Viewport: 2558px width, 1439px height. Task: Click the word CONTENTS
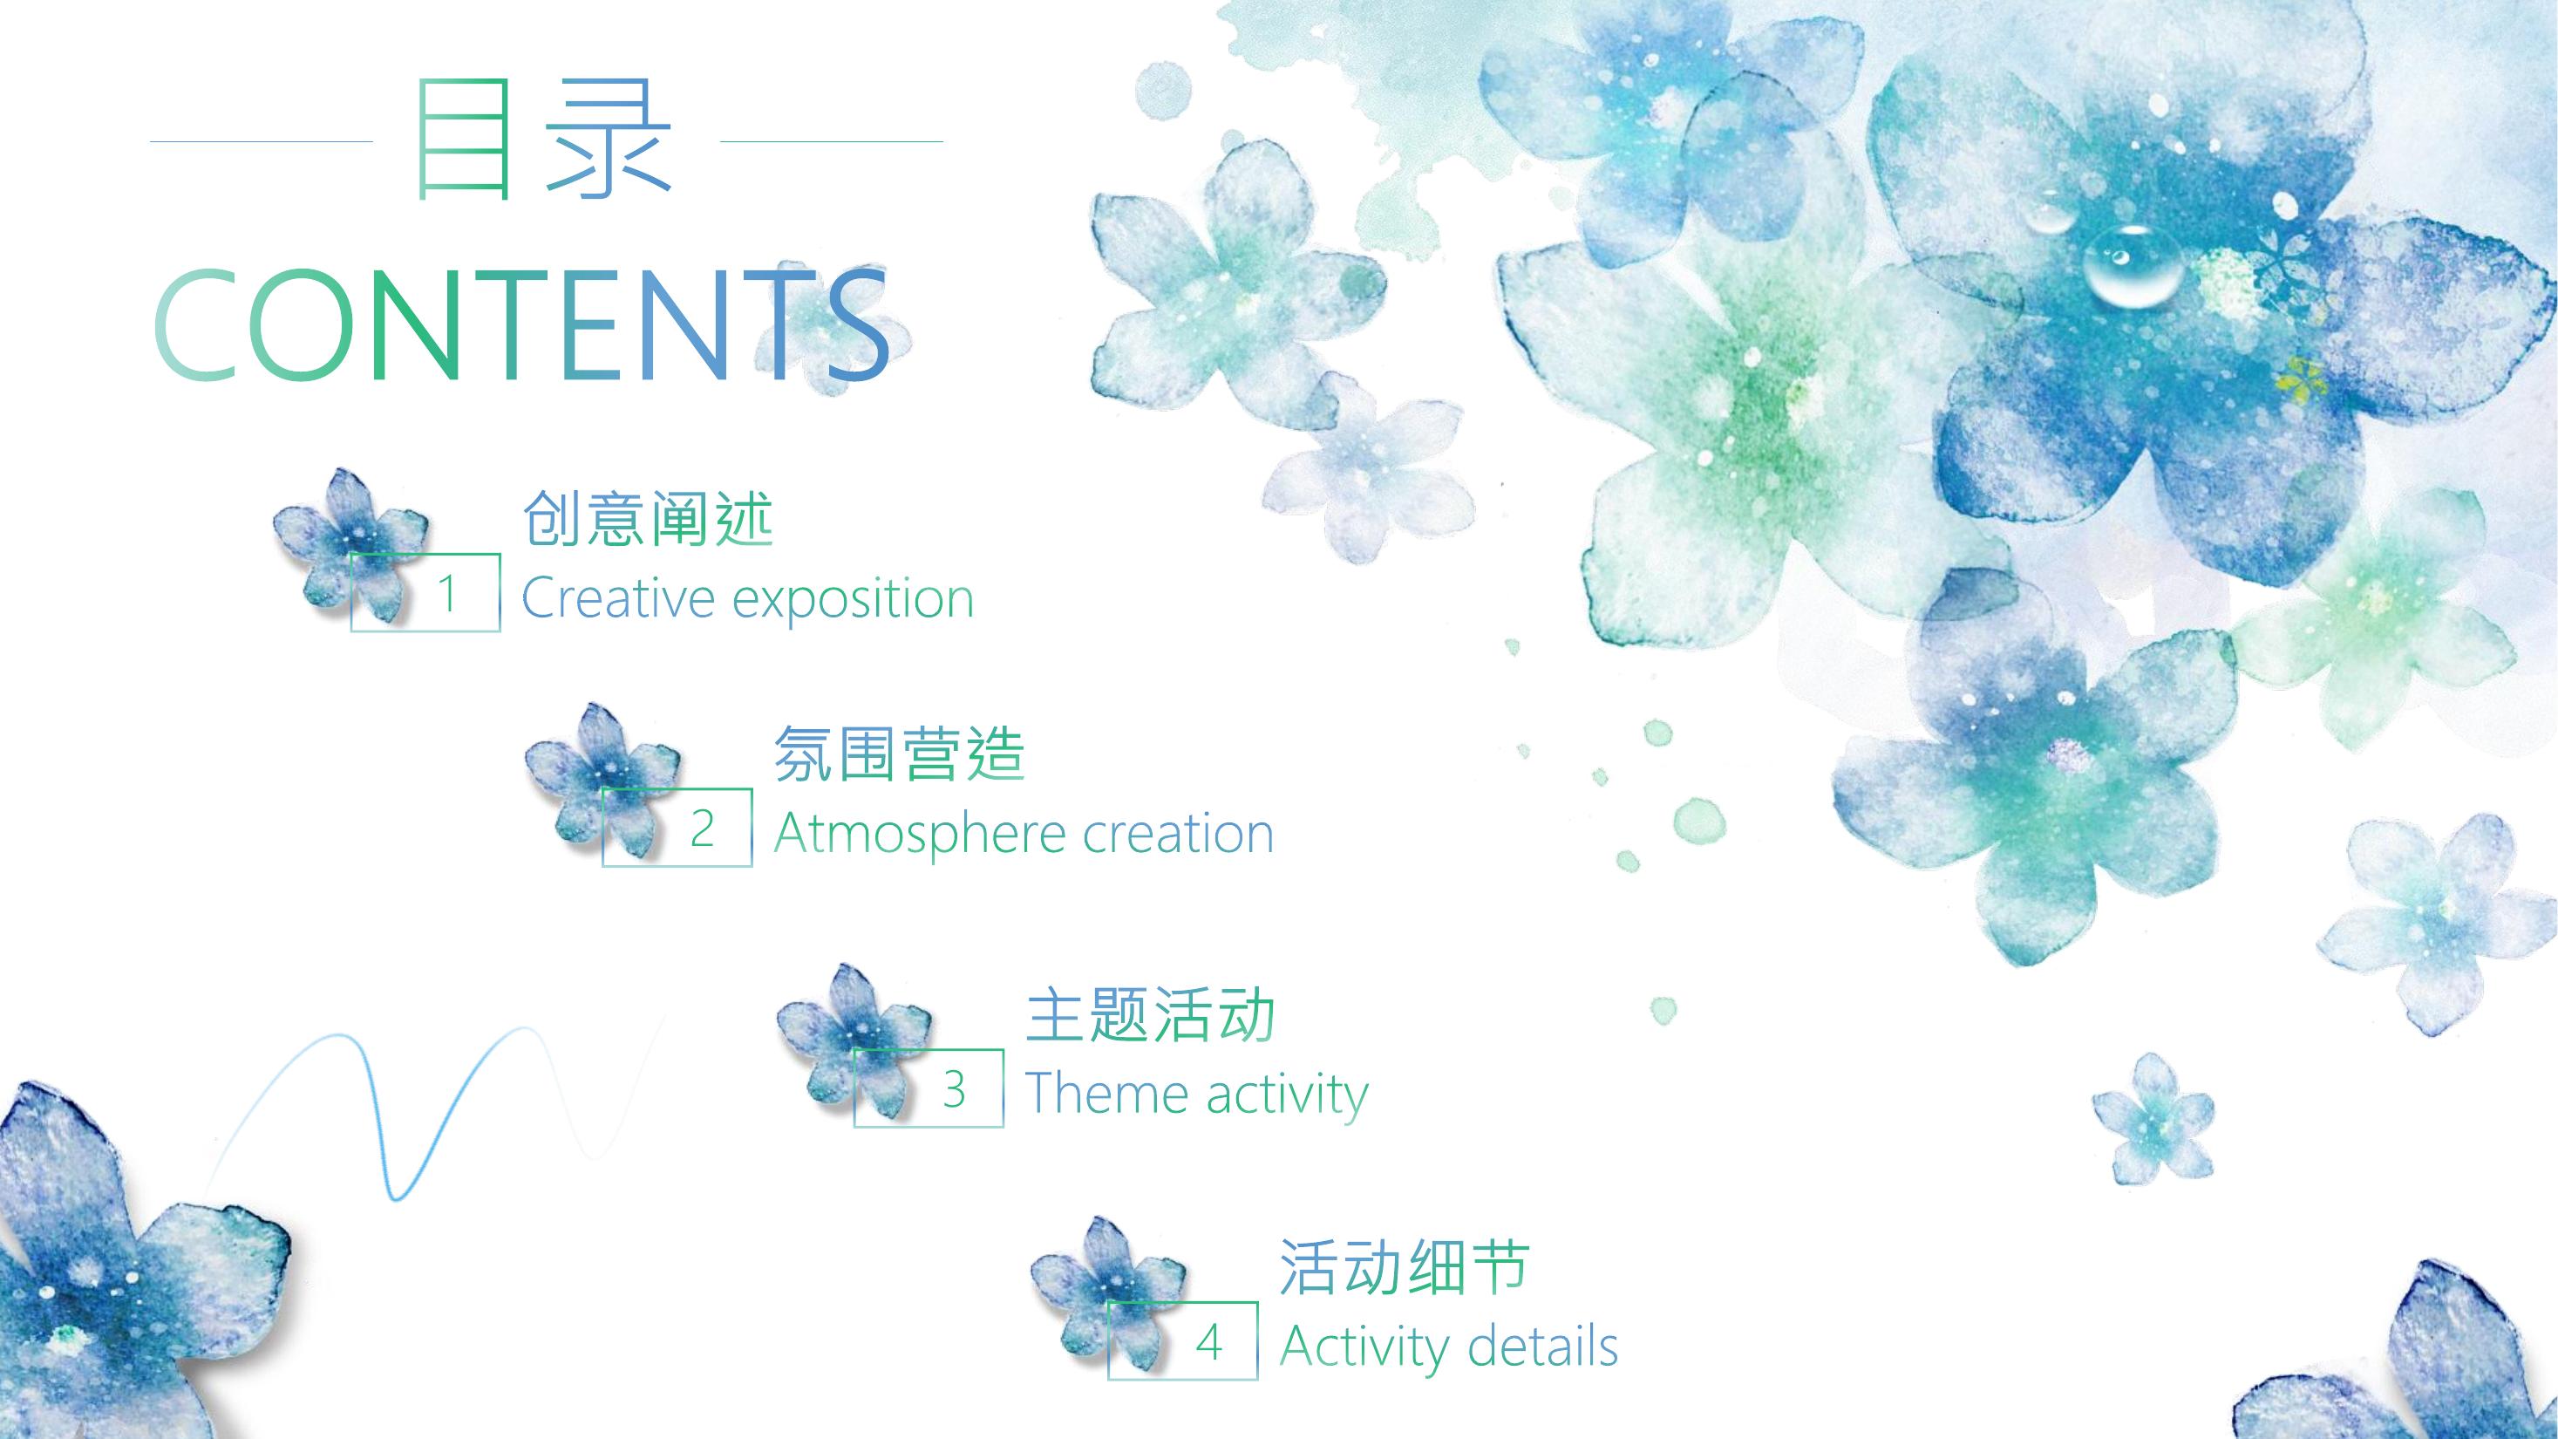(x=523, y=324)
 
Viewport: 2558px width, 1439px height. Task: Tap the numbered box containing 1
(x=425, y=592)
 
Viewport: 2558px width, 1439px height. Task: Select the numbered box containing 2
(x=677, y=828)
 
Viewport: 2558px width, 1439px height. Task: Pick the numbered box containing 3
(x=929, y=1088)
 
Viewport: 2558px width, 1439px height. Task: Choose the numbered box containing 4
(x=1183, y=1340)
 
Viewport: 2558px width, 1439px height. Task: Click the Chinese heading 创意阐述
(x=648, y=517)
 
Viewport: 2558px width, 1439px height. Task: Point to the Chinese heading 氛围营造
(x=899, y=753)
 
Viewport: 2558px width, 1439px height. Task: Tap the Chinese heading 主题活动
(x=1150, y=1014)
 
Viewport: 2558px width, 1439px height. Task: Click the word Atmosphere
(x=920, y=835)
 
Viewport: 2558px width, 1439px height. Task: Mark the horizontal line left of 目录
(x=262, y=141)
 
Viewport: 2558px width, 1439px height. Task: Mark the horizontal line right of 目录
(x=831, y=141)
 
